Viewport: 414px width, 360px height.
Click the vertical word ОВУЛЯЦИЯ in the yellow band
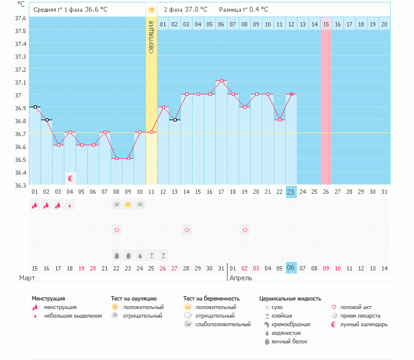click(x=151, y=37)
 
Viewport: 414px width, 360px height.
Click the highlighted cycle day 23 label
click(x=291, y=192)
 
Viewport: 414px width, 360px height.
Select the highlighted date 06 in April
click(x=291, y=268)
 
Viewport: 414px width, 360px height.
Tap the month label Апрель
click(x=240, y=278)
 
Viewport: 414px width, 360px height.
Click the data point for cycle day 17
click(x=221, y=80)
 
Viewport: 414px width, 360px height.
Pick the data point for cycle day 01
click(x=35, y=107)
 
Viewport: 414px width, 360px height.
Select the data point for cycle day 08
click(x=116, y=158)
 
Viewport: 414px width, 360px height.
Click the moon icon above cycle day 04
click(x=71, y=178)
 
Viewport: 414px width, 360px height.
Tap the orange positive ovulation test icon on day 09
click(x=128, y=205)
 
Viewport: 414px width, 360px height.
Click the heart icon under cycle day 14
click(x=186, y=230)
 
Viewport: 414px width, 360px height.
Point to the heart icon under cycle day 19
click(x=245, y=230)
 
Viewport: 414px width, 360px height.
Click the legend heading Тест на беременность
click(x=211, y=299)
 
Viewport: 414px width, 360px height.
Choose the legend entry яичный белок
click(x=286, y=342)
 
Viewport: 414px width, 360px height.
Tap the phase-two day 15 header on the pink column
click(x=326, y=24)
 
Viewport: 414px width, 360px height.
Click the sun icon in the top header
click(x=151, y=10)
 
